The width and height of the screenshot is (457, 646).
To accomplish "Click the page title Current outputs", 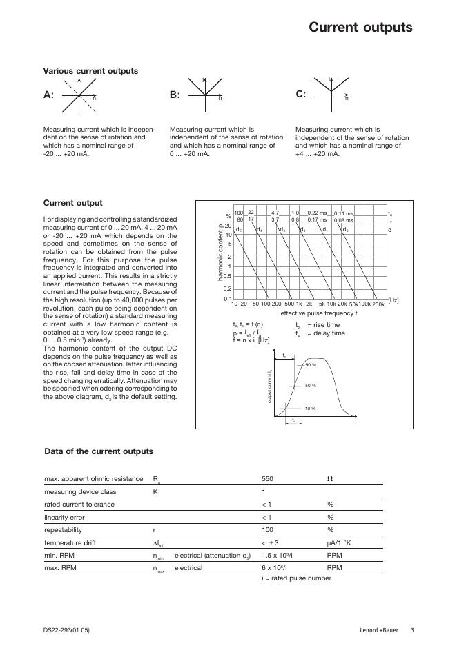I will [360, 28].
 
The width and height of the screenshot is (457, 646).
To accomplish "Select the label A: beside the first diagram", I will [48, 95].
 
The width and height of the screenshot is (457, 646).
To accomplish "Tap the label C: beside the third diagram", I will [300, 94].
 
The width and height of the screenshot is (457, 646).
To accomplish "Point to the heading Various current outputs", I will [90, 71].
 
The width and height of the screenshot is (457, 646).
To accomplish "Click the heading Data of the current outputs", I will [99, 451].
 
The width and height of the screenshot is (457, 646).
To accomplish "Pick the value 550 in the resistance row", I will [268, 479].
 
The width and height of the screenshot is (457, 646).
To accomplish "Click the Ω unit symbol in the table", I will [330, 479].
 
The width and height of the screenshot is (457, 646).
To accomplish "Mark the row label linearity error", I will [65, 517].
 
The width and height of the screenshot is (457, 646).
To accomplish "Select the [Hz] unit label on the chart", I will [393, 300].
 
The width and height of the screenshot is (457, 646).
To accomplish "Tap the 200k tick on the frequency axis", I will [378, 304].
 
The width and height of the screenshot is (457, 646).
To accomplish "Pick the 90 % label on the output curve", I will [311, 364].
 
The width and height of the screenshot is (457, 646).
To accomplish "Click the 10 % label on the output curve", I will [311, 409].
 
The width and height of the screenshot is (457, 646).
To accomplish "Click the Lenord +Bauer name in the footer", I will [379, 629].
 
